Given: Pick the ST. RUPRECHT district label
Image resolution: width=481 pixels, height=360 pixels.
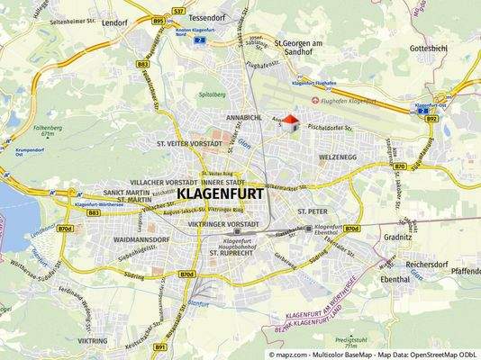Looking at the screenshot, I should pos(234,254).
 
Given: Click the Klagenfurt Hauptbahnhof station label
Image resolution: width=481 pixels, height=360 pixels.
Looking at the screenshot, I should pos(236,242).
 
